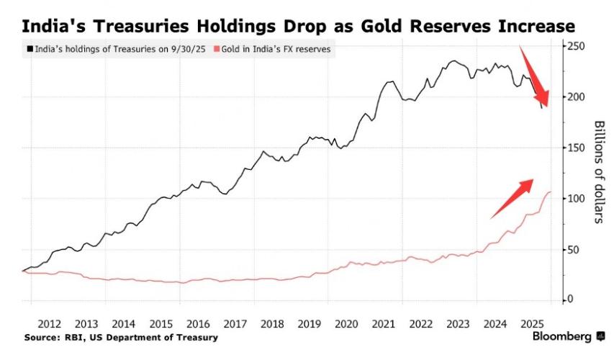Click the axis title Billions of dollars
click(x=597, y=171)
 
